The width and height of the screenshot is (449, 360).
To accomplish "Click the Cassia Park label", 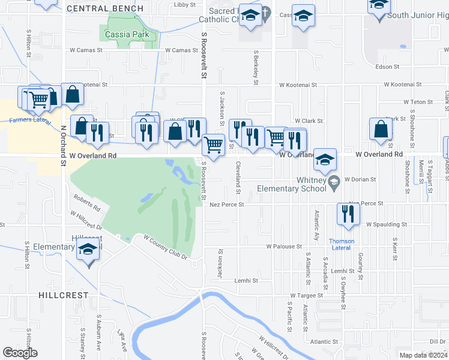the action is coord(127,35).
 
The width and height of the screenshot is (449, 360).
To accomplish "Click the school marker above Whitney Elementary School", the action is coord(325,160).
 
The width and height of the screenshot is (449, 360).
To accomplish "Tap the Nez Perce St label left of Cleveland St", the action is coord(226,205).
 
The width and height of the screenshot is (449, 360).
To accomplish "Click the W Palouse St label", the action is coord(285,247).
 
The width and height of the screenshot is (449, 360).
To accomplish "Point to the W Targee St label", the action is coord(307,296).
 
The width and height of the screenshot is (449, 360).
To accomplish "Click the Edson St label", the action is coord(387,67).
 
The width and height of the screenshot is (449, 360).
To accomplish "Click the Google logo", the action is coord(20,353).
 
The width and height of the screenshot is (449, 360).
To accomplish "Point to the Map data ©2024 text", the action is coord(423,355).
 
